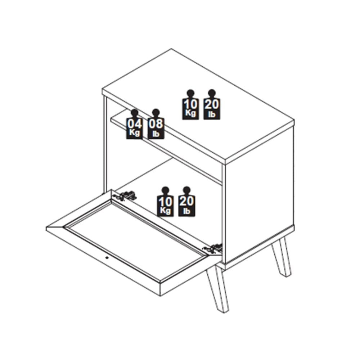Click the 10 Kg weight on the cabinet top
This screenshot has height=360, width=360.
(x=190, y=107)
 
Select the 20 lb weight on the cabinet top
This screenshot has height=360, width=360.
(x=212, y=107)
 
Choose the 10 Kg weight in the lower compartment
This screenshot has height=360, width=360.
(x=165, y=204)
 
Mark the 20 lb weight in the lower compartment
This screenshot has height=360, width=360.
(x=186, y=204)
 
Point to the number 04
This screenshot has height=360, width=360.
(x=134, y=123)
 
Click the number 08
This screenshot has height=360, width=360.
(x=156, y=123)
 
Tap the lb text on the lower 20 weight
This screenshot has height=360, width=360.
(x=186, y=211)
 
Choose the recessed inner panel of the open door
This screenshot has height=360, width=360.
(x=137, y=239)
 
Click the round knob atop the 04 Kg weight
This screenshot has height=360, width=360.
(x=134, y=112)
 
